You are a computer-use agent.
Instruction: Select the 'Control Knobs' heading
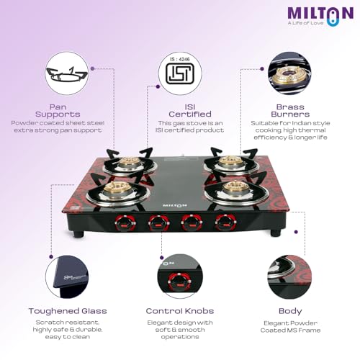tap(180, 310)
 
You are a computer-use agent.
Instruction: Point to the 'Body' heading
tap(290, 310)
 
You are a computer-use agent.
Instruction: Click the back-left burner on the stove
tap(127, 164)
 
